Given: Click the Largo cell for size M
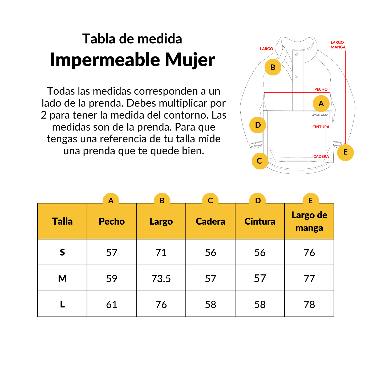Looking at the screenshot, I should (x=161, y=279).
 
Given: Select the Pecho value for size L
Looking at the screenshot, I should (x=112, y=305).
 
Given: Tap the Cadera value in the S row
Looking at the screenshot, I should (x=210, y=253).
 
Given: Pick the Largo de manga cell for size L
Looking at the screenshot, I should (x=309, y=305).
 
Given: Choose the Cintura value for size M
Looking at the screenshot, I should (x=260, y=279).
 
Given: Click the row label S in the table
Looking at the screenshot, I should (x=62, y=252).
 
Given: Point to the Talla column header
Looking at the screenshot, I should (x=62, y=221).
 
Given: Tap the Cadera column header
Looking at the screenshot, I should (x=210, y=221).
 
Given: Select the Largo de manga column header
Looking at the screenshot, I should (x=309, y=221).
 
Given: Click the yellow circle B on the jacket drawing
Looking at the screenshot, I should (x=273, y=67).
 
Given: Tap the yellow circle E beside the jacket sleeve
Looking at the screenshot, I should (x=345, y=152).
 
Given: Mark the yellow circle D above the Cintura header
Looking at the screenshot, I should (x=258, y=201).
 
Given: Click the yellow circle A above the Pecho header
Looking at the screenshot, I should (x=111, y=201).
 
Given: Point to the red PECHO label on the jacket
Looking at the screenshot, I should (x=321, y=90).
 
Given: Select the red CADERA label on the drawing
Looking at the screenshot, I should (x=321, y=157).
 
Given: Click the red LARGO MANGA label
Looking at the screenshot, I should (x=338, y=45).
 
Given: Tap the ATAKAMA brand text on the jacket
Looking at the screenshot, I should (x=320, y=115).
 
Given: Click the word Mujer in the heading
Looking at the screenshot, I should (x=190, y=60).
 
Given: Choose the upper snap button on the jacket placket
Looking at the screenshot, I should (x=296, y=54).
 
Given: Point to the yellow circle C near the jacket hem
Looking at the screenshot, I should (x=260, y=161).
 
